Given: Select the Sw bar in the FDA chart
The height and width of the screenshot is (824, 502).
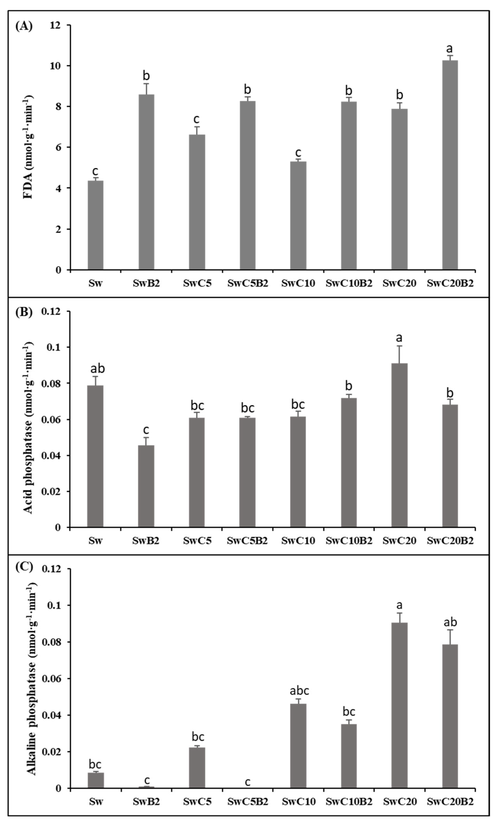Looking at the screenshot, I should click(x=95, y=225).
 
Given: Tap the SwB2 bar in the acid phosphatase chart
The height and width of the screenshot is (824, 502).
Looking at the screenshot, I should click(x=146, y=486).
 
